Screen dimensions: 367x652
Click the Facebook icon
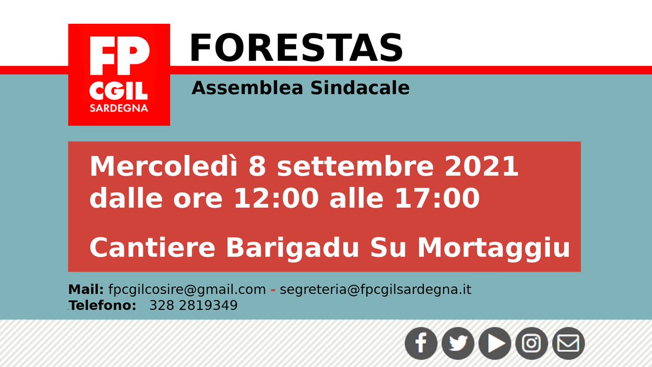tap(421, 343)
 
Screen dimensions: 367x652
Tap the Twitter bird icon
tap(458, 343)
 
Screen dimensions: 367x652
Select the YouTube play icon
tap(495, 343)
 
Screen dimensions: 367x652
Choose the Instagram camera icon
tap(532, 343)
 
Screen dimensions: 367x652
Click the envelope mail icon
tap(568, 343)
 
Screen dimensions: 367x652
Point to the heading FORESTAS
tap(296, 48)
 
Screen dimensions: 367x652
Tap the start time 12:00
tap(276, 198)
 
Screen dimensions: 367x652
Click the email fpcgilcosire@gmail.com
tap(187, 289)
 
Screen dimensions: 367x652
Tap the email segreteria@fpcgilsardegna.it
tap(375, 289)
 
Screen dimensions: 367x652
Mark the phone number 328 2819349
tap(193, 306)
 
